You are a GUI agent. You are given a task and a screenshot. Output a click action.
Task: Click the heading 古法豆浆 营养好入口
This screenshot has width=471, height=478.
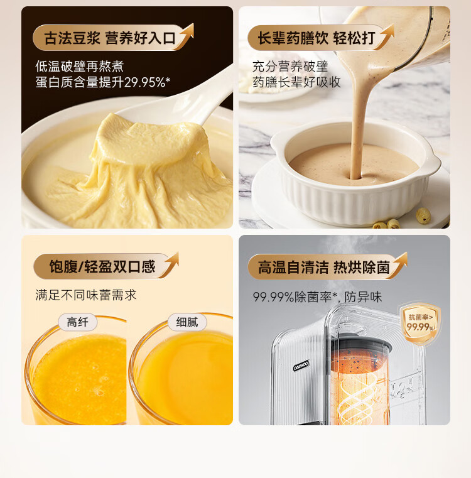click(x=110, y=38)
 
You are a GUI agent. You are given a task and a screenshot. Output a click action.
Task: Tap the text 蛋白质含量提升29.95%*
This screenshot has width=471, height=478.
click(x=103, y=82)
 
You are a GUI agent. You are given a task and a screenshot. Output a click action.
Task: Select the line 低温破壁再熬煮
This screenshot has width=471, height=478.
click(x=79, y=66)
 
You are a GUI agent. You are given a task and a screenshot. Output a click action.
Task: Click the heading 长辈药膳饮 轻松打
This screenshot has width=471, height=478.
click(x=317, y=38)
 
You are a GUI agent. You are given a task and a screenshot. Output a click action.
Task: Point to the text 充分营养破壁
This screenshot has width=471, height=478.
click(x=290, y=67)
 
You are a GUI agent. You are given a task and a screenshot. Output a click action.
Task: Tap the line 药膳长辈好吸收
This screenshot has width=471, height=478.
click(x=296, y=82)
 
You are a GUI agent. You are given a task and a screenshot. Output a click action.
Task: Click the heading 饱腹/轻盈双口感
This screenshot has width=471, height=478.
click(x=102, y=266)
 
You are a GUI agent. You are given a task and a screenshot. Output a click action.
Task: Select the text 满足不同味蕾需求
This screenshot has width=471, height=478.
click(x=85, y=295)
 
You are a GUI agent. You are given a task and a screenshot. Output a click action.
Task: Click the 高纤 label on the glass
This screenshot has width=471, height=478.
click(x=78, y=322)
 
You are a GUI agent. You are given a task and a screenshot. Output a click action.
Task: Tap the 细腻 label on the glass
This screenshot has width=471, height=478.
click(x=187, y=322)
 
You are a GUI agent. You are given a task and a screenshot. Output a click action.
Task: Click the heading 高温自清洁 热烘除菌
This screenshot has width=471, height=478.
click(x=324, y=268)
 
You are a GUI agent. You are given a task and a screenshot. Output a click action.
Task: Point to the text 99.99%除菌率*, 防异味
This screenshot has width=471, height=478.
click(x=317, y=296)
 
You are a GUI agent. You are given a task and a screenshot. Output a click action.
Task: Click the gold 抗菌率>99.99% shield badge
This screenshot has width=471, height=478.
click(x=421, y=323)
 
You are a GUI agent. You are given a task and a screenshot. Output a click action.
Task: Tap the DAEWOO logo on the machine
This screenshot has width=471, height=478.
click(x=301, y=365)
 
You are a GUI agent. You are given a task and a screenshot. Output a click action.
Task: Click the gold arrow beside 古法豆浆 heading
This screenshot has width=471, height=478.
click(x=185, y=35)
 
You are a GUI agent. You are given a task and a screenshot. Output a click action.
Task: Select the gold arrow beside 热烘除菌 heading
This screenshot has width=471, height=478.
click(x=399, y=264)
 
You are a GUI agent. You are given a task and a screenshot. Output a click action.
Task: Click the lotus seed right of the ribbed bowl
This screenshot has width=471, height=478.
click(x=423, y=215)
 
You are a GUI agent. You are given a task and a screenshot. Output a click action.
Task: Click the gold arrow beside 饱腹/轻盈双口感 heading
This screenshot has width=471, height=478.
click(x=170, y=264)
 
